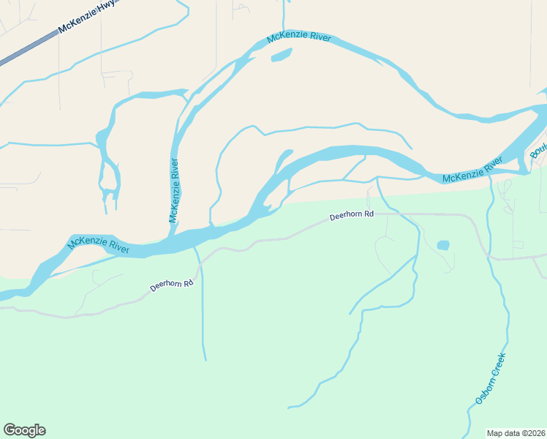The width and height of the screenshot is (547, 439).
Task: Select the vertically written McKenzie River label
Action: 175,190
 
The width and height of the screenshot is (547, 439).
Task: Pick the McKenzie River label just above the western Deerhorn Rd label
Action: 99,245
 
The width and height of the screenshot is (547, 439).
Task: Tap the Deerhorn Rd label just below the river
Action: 351,216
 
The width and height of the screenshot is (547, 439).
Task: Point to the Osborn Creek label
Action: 490,378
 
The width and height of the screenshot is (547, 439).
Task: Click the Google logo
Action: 24,429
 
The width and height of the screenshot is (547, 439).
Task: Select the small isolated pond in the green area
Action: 443,245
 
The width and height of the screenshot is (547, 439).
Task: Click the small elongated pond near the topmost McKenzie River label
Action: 282,56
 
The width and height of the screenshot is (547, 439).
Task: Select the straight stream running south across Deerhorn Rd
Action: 202,307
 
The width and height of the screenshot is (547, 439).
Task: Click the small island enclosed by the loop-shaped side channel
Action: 110,176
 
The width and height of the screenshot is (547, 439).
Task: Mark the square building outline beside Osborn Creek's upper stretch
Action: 518,244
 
